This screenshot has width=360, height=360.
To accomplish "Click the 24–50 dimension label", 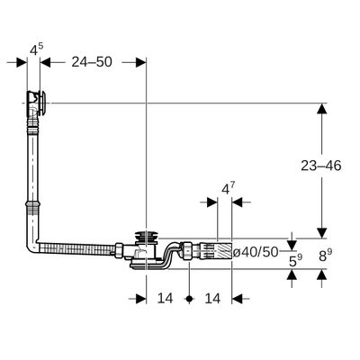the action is (92, 62).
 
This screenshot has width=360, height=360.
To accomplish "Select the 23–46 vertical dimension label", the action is (321, 166).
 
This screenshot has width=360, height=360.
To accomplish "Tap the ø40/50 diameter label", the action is (256, 252).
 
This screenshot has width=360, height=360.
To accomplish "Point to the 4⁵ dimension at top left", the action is (36, 49).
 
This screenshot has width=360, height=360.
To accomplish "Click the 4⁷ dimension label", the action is (228, 189).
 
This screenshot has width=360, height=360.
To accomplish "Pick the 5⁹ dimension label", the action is (295, 261).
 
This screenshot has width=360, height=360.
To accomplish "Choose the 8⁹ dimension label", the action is (326, 256).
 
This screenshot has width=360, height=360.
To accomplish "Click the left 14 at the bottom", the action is (166, 298).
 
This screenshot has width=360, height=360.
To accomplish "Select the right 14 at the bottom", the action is (212, 298).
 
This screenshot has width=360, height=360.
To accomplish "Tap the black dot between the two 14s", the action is (189, 299).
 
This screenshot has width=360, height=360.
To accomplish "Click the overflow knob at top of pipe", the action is (43, 103).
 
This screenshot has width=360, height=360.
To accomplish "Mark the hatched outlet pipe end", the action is (224, 251).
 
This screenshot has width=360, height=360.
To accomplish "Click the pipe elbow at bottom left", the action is (33, 247).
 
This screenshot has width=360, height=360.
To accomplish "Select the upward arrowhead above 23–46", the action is (322, 108).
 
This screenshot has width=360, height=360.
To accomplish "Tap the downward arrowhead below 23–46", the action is (322, 233).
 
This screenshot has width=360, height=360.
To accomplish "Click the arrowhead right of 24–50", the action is (140, 62).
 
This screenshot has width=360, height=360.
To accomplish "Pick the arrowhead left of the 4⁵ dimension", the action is (22, 62).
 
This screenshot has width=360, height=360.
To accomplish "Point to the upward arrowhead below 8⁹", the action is (322, 274).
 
